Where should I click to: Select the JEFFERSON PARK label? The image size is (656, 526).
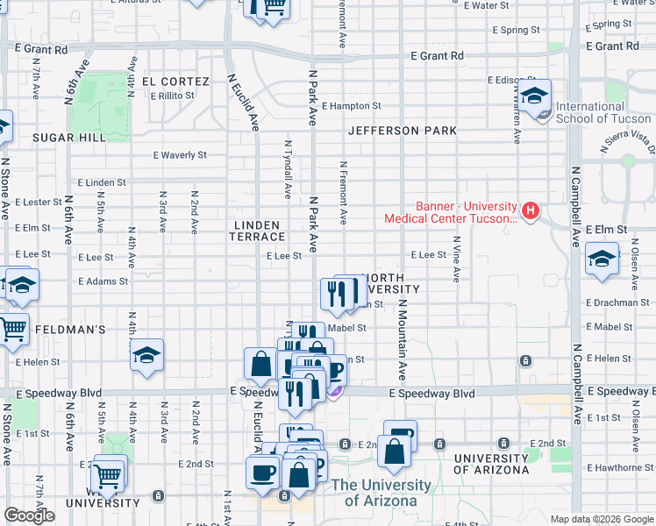[x=402, y=131]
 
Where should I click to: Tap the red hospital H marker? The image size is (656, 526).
[x=531, y=210]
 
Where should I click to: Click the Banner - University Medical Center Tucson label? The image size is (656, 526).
[x=449, y=212]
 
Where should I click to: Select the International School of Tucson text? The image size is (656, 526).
[x=603, y=112]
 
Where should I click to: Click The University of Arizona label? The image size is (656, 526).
[x=381, y=493]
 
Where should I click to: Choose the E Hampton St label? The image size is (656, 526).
[x=351, y=106]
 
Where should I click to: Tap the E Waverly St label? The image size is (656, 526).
[x=179, y=155]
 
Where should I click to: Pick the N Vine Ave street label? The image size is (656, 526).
[x=455, y=258]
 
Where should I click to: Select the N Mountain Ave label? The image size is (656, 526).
[x=401, y=338]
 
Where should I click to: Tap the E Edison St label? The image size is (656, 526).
[x=510, y=81]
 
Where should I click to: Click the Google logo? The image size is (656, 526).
[x=28, y=515]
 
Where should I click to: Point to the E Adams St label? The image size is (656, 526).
[x=103, y=282]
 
